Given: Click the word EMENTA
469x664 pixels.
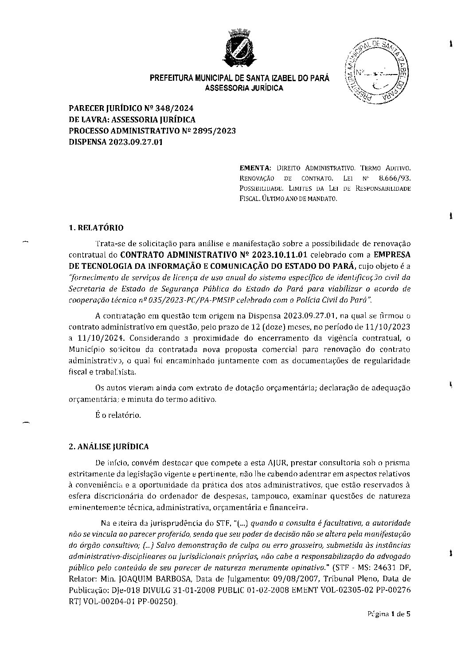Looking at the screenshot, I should click(254, 169).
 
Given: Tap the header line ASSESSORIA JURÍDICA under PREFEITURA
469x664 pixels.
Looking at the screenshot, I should click(244, 88).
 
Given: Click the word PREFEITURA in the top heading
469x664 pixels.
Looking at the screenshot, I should click(171, 79).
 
